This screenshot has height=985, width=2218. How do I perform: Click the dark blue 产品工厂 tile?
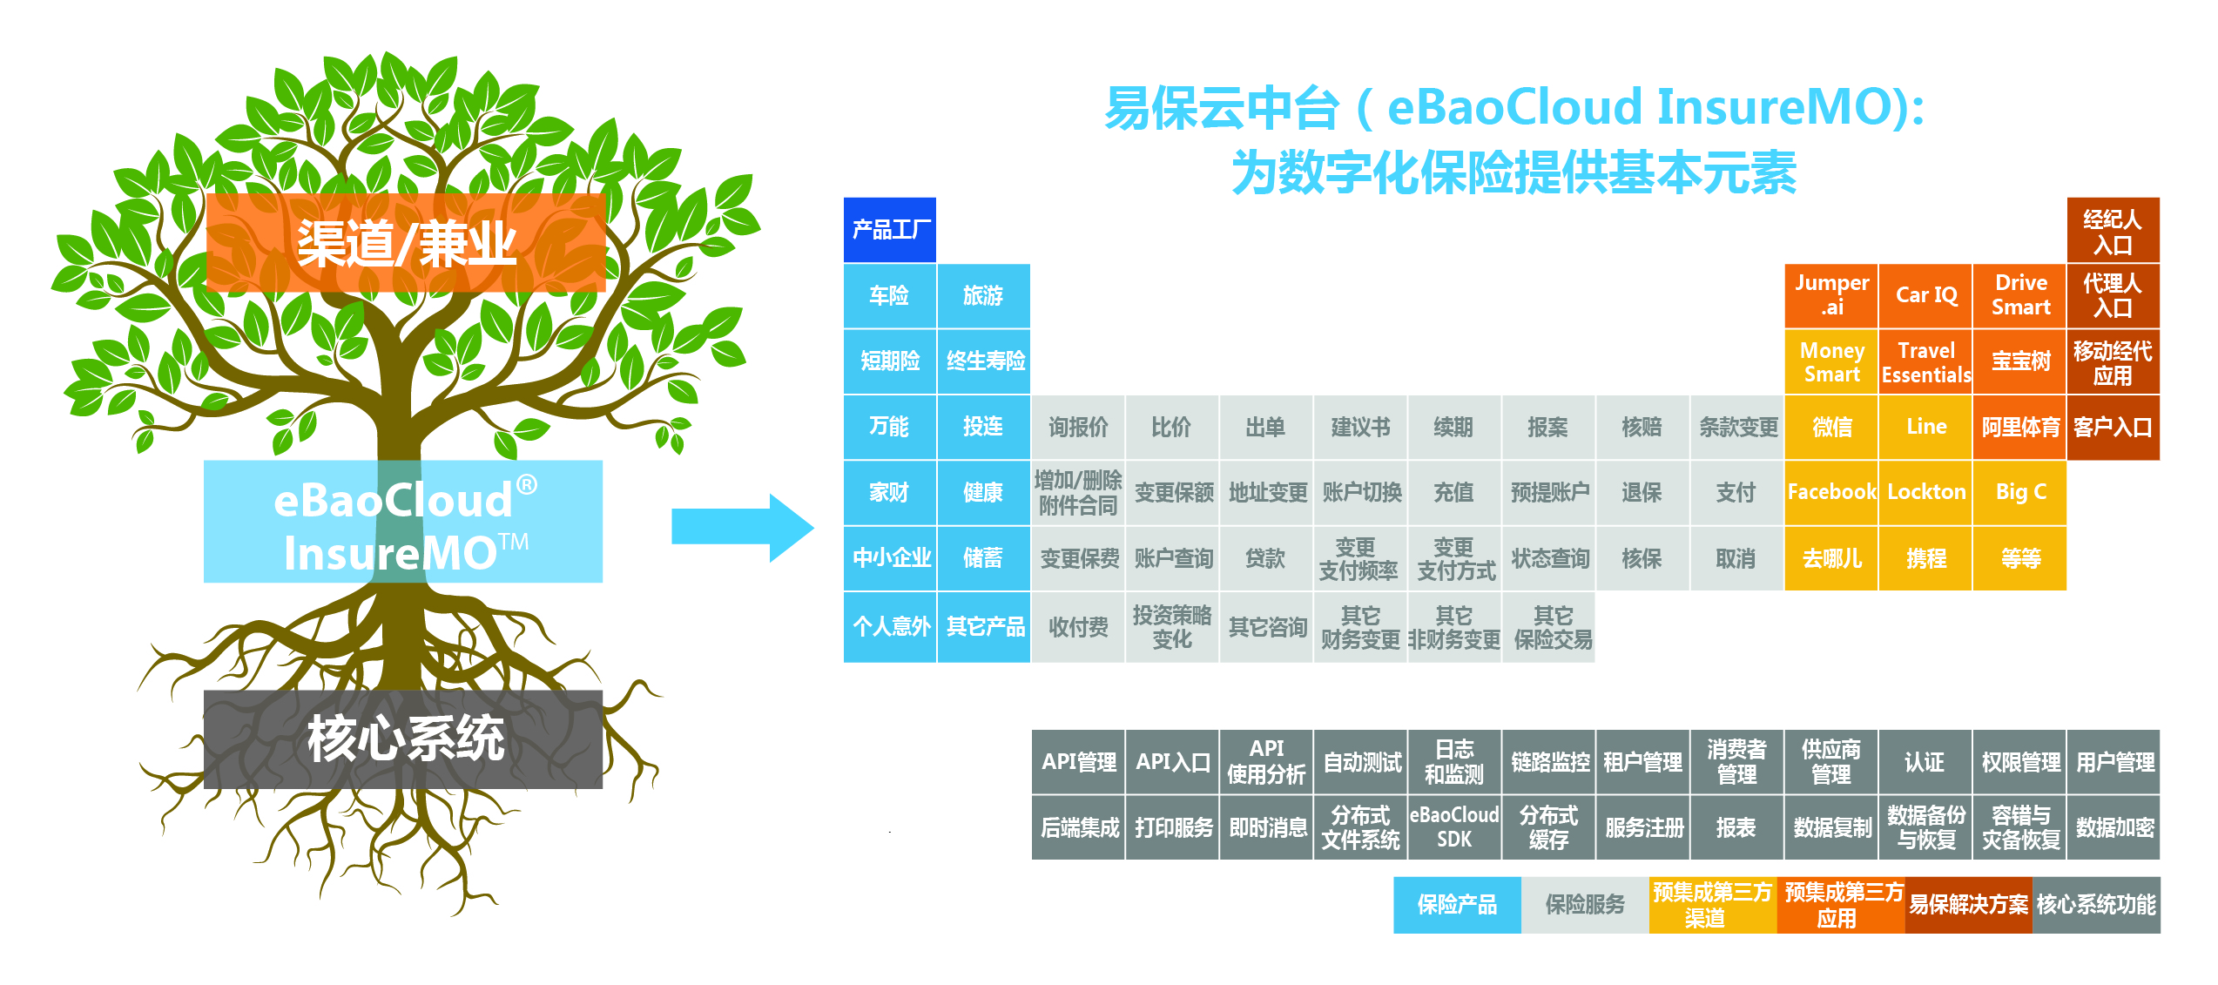point(889,230)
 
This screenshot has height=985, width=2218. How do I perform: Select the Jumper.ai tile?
point(1831,295)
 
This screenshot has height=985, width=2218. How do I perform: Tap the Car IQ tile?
point(1925,295)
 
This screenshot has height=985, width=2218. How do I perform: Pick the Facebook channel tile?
point(1831,492)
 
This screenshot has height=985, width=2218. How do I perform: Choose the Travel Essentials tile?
point(1925,361)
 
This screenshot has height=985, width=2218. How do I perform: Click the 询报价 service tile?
point(1078,427)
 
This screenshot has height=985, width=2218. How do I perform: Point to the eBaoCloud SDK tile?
point(1454,827)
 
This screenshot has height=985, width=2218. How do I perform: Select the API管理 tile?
point(1078,762)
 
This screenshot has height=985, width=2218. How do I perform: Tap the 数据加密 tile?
point(2114,827)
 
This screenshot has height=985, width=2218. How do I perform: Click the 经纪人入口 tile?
point(2114,230)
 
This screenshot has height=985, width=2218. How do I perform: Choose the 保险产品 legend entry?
point(1457,905)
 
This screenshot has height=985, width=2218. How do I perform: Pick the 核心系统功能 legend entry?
point(2096,905)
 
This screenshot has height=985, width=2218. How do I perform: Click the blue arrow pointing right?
point(743,528)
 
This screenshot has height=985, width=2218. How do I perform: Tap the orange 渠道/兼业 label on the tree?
point(406,243)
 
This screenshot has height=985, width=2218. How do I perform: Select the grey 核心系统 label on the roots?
point(403,739)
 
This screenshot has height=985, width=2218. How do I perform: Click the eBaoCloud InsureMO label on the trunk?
point(403,522)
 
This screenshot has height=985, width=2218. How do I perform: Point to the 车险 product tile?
point(889,295)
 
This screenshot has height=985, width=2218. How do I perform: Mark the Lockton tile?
point(1925,492)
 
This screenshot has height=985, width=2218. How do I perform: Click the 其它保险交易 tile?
point(1548,627)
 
